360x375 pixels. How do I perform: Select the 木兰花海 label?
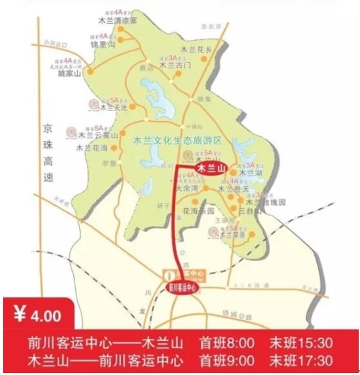91,148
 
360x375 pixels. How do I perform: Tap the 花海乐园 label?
199,210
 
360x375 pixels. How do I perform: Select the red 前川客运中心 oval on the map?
182,288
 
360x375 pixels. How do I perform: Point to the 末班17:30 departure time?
301,359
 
